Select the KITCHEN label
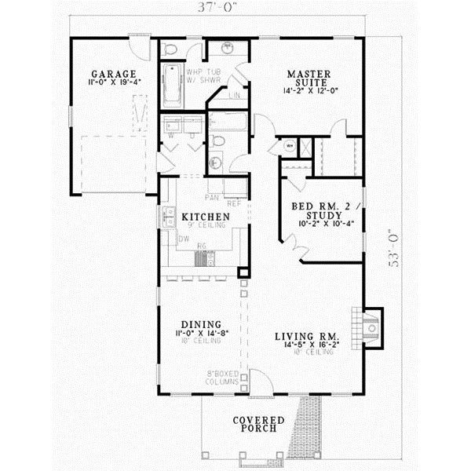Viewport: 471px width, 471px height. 205,216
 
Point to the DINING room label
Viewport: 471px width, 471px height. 199,323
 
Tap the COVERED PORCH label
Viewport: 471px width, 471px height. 258,425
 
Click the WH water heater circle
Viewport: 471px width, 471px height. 289,145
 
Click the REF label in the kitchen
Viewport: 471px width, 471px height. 234,200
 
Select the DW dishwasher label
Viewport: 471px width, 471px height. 183,238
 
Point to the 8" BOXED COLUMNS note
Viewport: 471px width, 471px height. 223,378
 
